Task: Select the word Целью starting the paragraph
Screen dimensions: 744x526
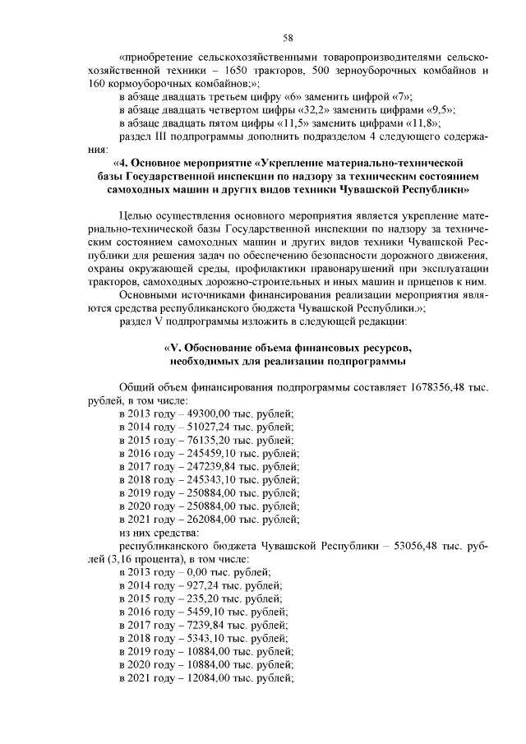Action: coord(136,215)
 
